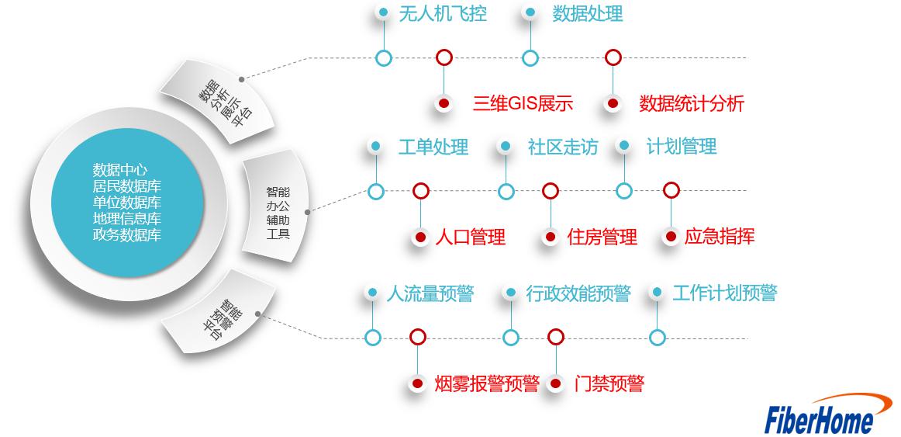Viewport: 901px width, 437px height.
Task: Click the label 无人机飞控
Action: pos(442,13)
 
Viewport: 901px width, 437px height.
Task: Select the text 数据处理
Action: pos(587,13)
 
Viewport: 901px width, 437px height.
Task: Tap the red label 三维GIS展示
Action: pos(522,103)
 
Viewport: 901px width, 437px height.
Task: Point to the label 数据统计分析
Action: pos(691,103)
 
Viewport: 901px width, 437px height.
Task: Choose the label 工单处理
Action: pos(433,147)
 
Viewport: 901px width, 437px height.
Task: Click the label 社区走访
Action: pos(562,147)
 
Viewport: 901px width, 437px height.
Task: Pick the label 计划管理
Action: pos(681,146)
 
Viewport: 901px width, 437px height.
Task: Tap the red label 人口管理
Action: pos(470,237)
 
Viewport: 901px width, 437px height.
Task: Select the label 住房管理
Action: pos(602,237)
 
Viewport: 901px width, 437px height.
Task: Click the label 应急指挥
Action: pos(719,236)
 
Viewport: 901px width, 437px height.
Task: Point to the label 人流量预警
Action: pos(430,293)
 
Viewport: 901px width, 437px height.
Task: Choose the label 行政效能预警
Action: pos(578,293)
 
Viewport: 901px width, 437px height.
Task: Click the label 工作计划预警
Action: pos(724,293)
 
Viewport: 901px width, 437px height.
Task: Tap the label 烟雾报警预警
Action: pos(486,383)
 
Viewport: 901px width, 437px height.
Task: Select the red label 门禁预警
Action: pos(609,383)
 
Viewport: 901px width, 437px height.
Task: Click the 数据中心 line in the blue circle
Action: pos(120,169)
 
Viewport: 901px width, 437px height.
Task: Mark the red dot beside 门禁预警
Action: pos(555,383)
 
